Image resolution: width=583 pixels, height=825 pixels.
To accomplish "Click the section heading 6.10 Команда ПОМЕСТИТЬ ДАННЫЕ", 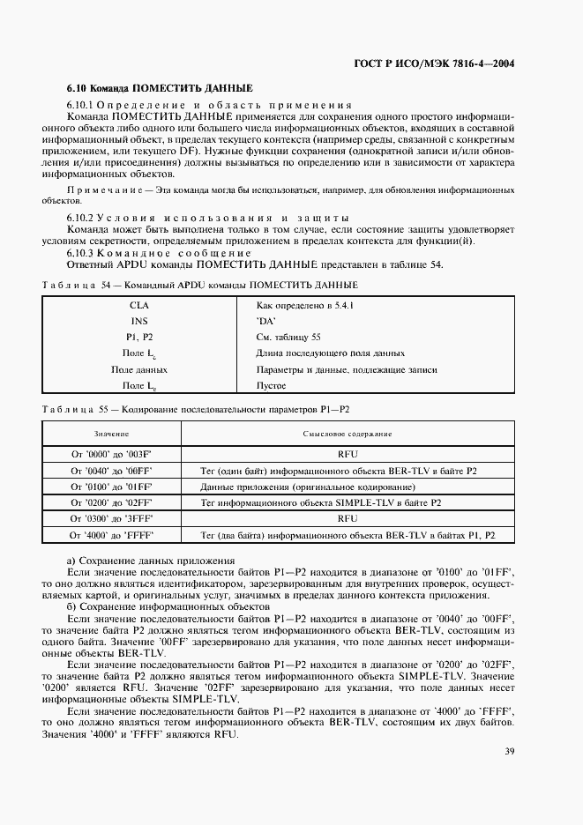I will pyautogui.click(x=160, y=89).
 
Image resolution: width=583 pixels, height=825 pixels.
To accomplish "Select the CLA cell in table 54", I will pyautogui.click(x=139, y=304).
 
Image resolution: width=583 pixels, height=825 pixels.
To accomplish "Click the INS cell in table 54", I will pyautogui.click(x=139, y=321).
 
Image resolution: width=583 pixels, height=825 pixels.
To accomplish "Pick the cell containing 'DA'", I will pyautogui.click(x=267, y=321).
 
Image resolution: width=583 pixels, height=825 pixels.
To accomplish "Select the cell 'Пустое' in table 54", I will pyautogui.click(x=271, y=385).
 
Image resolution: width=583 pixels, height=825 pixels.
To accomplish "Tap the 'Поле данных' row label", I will pyautogui.click(x=139, y=369).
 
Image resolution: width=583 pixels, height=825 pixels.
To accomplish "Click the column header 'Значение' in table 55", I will pyautogui.click(x=112, y=435).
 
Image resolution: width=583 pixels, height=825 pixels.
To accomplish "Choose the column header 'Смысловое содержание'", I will pyautogui.click(x=348, y=435).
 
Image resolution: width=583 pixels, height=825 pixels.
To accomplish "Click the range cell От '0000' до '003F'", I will pyautogui.click(x=112, y=455).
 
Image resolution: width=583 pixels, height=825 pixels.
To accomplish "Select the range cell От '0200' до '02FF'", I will pyautogui.click(x=112, y=502).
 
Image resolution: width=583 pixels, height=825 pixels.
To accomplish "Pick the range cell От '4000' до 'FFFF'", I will pyautogui.click(x=112, y=535).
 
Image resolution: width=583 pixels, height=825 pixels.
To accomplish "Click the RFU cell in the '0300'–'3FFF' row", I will pyautogui.click(x=348, y=519).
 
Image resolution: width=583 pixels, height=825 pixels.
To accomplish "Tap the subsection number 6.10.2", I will pyautogui.click(x=82, y=217).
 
